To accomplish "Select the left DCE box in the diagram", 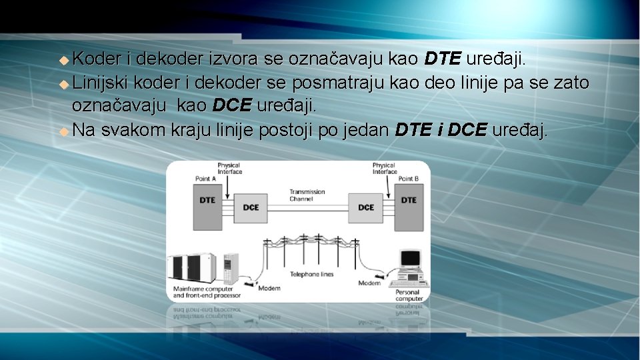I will click(251, 207).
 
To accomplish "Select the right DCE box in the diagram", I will click(366, 207).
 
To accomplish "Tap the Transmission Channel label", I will click(307, 195).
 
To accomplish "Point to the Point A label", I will click(205, 179).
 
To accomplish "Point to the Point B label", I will click(409, 179).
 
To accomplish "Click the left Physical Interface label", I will click(229, 168).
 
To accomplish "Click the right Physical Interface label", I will click(385, 168).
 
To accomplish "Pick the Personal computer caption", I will click(408, 295).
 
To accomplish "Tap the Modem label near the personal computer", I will click(369, 283).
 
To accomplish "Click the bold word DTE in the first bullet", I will click(442, 59).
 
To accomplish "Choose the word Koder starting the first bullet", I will click(97, 59).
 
